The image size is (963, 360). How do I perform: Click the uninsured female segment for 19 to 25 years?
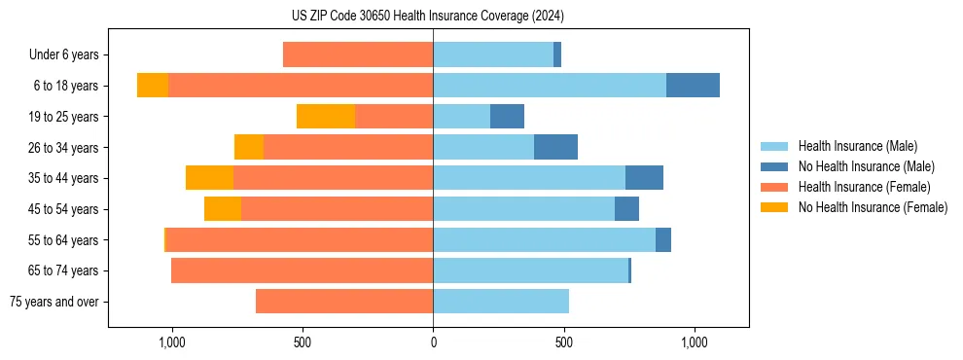(326, 117)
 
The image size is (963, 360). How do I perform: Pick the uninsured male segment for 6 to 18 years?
(693, 86)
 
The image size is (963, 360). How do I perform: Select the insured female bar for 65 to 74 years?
(302, 270)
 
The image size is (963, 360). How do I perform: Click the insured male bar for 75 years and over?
(501, 302)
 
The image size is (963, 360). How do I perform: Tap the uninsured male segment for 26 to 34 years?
(555, 147)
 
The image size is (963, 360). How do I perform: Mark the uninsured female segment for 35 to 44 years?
(209, 178)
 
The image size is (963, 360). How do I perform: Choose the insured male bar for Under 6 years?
(493, 54)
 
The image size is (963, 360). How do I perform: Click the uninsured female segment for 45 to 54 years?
(223, 209)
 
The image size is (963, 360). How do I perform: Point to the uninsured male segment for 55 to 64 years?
(663, 239)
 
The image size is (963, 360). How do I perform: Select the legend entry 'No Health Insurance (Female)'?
(873, 207)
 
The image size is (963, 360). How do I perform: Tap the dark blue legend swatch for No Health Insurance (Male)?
(774, 166)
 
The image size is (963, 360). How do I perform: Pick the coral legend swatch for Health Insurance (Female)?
(774, 187)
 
